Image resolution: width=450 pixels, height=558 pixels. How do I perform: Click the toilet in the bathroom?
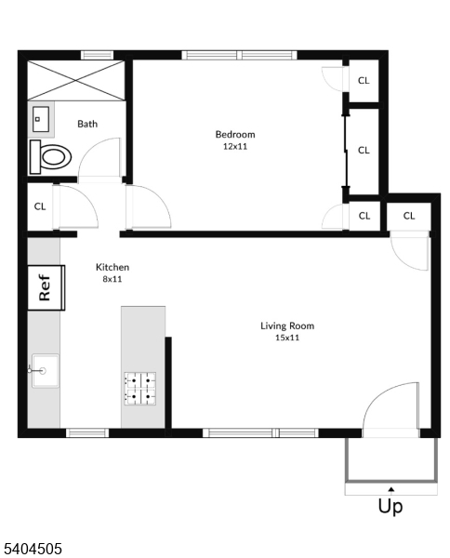tap(51, 155)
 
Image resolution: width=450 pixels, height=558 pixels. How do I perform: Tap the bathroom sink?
tap(41, 119)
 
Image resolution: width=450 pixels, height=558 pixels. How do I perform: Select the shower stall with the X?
tap(77, 79)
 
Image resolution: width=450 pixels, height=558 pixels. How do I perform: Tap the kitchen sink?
tap(43, 370)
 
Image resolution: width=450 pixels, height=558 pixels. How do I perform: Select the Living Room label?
tap(286, 325)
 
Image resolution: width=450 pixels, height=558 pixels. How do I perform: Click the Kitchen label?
tap(112, 267)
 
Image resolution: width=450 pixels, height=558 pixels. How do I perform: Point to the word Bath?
tap(87, 124)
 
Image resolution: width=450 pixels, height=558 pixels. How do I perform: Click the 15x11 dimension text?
tap(286, 338)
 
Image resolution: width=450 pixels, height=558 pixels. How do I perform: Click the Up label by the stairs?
tap(390, 507)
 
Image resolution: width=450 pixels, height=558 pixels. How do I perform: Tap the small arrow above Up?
tap(390, 488)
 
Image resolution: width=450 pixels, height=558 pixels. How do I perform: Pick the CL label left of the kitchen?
tap(40, 206)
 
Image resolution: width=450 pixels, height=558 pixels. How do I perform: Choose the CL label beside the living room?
tap(409, 216)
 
